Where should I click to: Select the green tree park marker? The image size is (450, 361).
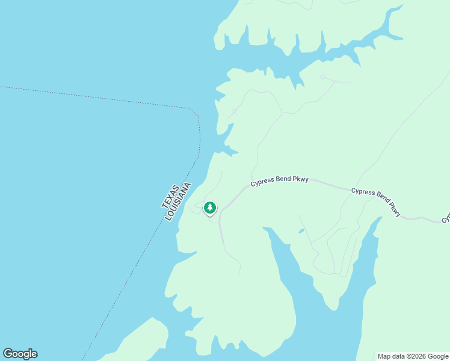coord(209,208)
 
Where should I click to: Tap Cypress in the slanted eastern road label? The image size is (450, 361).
coord(362,191)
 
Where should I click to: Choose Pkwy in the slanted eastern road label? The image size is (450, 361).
coord(394,209)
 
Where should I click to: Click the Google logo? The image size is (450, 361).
coord(20,354)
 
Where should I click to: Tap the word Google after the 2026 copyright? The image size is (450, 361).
coord(437,356)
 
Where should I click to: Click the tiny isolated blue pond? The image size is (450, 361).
coord(301,231)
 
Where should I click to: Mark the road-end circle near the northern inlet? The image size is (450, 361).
coord(322,77)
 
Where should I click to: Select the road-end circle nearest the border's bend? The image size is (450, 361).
coord(234,111)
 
